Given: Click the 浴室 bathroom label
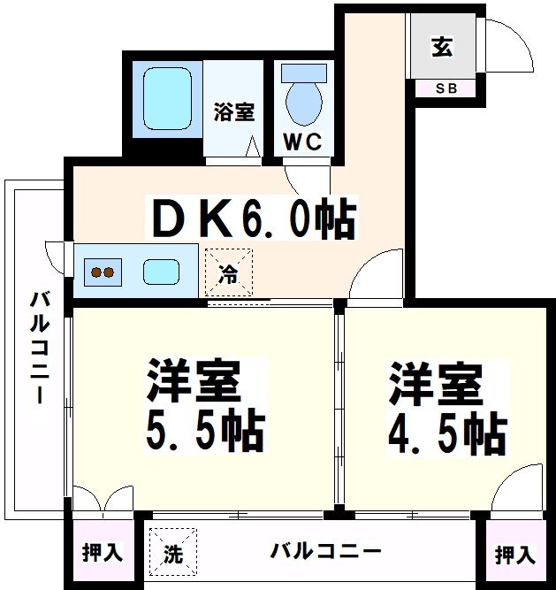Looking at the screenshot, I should pyautogui.click(x=234, y=112).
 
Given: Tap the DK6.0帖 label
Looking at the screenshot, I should pyautogui.click(x=255, y=218).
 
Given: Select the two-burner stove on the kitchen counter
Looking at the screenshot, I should pyautogui.click(x=103, y=272).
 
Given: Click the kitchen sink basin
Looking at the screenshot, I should pyautogui.click(x=161, y=271).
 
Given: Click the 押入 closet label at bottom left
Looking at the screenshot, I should pyautogui.click(x=103, y=554).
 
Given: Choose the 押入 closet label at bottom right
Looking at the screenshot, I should pyautogui.click(x=514, y=556).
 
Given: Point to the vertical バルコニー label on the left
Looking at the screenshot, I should pyautogui.click(x=38, y=347).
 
